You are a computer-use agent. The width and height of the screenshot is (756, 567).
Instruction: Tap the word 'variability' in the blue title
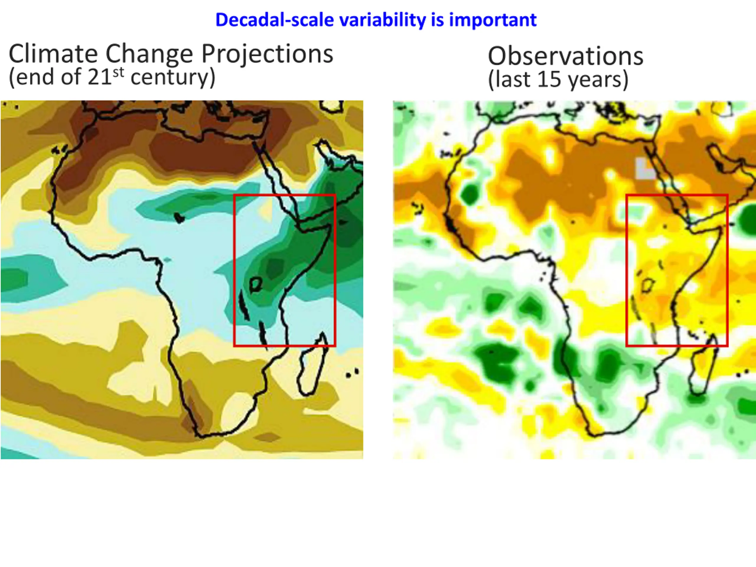click(x=382, y=20)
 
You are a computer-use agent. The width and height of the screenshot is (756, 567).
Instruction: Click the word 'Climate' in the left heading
click(x=53, y=54)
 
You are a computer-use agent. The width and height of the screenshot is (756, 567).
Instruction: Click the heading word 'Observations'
click(x=565, y=56)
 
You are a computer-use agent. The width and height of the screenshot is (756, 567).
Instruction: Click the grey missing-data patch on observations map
click(x=645, y=168)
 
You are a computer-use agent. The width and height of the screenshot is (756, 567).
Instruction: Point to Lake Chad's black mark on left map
click(x=178, y=217)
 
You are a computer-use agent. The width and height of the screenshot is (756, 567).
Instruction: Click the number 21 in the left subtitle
click(x=100, y=77)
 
